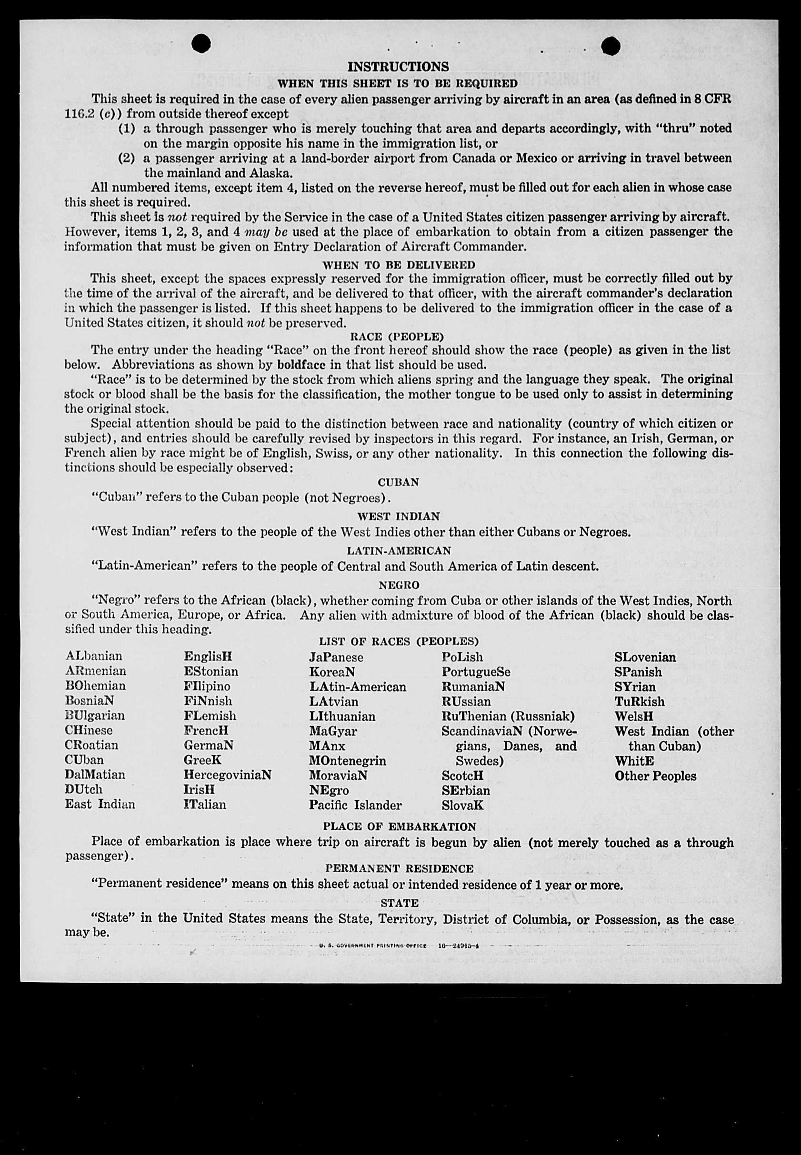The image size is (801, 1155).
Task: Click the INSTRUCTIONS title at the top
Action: tap(398, 67)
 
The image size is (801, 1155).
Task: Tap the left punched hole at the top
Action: tap(201, 44)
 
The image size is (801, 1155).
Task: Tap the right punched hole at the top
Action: tap(611, 46)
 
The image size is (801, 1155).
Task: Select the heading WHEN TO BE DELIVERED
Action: tap(398, 264)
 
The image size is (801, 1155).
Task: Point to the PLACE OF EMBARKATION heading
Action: tap(399, 826)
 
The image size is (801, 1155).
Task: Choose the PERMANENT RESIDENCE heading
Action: tap(399, 868)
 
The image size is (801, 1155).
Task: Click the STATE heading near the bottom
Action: tap(399, 903)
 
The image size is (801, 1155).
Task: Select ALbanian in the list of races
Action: tap(94, 656)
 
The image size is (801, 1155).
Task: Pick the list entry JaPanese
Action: tap(336, 657)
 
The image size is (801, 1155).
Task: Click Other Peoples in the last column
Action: tap(655, 776)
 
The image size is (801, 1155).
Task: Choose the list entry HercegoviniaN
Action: tap(227, 775)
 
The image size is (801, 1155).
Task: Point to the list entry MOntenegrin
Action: tap(347, 761)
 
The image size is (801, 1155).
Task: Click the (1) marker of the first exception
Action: tap(127, 129)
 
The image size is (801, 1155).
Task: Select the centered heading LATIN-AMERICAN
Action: tap(399, 551)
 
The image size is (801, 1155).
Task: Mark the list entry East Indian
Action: tap(100, 804)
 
